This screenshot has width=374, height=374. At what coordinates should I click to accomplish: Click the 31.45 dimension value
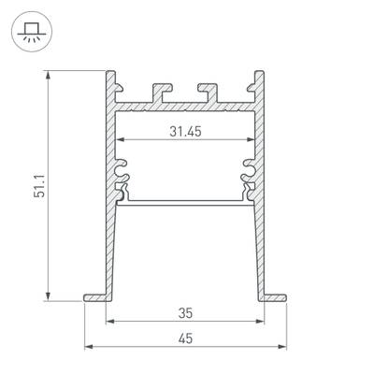[x=187, y=131]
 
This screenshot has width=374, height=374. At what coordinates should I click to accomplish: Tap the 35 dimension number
[x=187, y=311]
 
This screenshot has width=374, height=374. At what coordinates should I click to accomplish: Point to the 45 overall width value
[x=187, y=338]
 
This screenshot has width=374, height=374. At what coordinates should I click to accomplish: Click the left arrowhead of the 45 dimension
[x=88, y=347]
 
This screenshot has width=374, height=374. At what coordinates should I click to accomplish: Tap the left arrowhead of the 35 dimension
[x=109, y=321]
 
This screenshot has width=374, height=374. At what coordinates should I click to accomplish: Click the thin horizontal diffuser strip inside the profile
[x=187, y=199]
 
